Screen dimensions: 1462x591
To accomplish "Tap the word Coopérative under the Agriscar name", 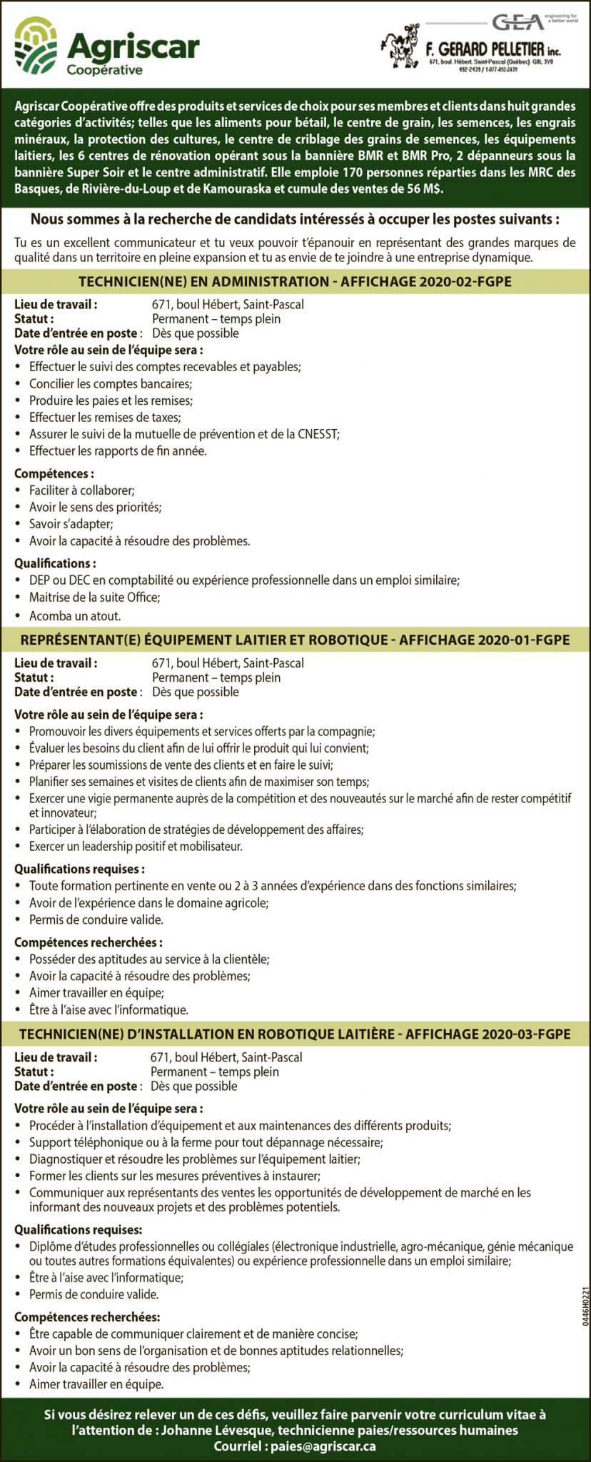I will [104, 70].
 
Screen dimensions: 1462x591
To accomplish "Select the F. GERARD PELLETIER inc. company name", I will [492, 50].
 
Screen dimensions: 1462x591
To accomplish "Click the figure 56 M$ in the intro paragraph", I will [423, 188].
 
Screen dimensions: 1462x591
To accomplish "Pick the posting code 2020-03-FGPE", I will [526, 1034].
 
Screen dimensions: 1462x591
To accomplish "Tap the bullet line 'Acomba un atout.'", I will [75, 615].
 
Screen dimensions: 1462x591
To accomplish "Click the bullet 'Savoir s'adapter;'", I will [71, 524].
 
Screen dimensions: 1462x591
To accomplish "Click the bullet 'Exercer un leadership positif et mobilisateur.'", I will [136, 847].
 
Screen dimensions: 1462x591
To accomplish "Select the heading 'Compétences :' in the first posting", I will [54, 474].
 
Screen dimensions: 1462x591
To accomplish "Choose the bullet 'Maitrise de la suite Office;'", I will [94, 598].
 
